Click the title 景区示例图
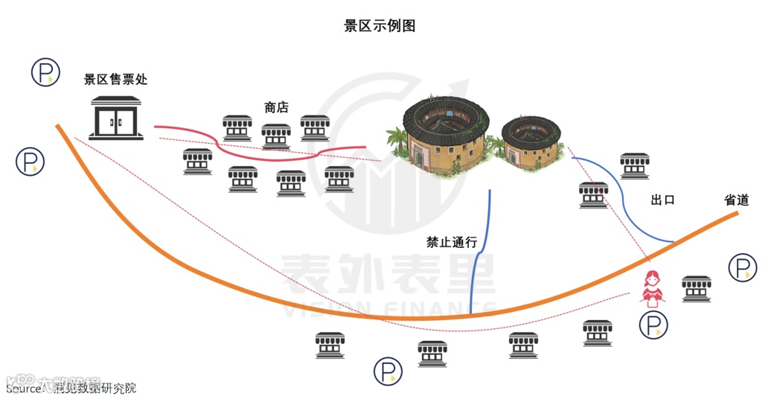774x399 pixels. (380, 26)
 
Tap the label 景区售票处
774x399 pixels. (115, 80)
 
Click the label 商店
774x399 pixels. (276, 108)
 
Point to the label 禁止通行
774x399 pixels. (452, 242)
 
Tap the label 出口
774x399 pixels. (662, 200)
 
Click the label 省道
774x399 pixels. (736, 200)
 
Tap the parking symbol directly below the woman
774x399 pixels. (653, 325)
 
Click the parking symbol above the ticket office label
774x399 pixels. (45, 72)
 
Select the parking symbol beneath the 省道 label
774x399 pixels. (742, 267)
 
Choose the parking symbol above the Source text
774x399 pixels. (388, 371)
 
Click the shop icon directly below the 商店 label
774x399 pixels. (276, 135)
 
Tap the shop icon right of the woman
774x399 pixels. (697, 287)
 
